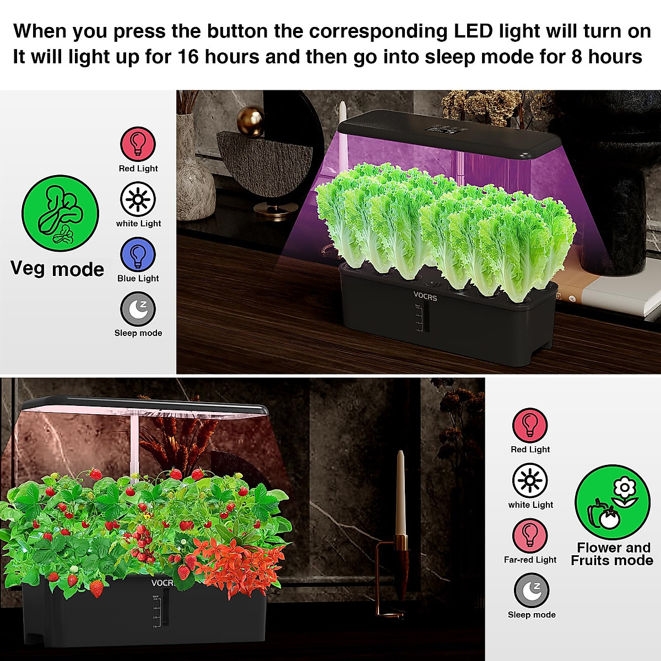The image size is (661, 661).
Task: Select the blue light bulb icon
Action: pos(138,254)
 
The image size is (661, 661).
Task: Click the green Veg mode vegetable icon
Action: pos(60,214)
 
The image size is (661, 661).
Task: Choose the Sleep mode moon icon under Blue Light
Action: pos(138,310)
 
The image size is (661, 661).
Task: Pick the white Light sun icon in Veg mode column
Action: pos(138,199)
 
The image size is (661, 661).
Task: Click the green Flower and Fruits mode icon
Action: pos(613,502)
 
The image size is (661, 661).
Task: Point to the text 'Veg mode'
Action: pos(57,269)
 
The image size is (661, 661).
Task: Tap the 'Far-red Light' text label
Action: pos(530,560)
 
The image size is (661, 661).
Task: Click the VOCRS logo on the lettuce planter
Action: pos(425,297)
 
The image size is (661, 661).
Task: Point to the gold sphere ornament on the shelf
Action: pos(251,121)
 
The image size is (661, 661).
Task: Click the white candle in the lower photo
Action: pos(400,493)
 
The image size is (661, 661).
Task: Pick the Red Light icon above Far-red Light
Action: pos(530,425)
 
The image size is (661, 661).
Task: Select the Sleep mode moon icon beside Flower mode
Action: pos(532,590)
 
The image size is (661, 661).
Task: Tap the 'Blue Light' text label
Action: pos(138,279)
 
